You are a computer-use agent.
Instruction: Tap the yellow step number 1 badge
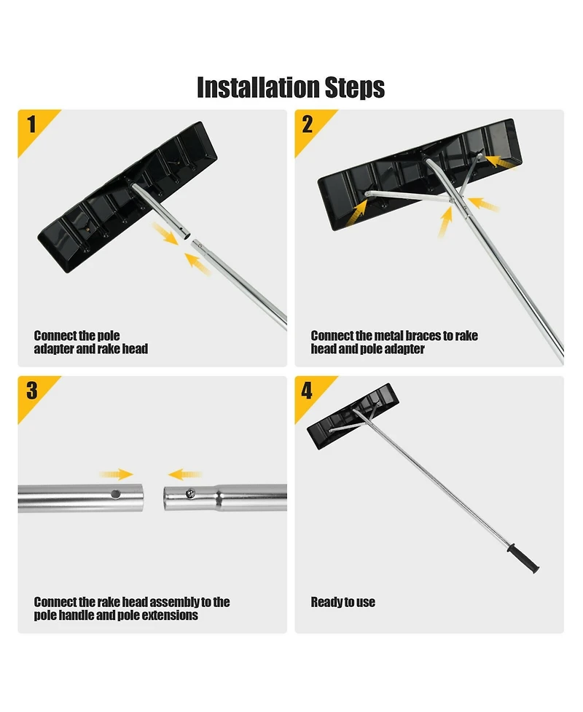(31, 124)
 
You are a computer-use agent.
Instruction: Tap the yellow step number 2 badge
(308, 124)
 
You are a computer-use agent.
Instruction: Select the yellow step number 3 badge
(31, 391)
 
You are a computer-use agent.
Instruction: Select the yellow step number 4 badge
(308, 391)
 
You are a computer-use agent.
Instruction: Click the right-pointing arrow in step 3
(116, 474)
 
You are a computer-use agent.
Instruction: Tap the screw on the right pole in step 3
(191, 493)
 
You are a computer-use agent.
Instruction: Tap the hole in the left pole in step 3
(116, 494)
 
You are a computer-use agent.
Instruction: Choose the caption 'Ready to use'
(343, 602)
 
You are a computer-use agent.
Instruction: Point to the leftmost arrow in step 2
(358, 211)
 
